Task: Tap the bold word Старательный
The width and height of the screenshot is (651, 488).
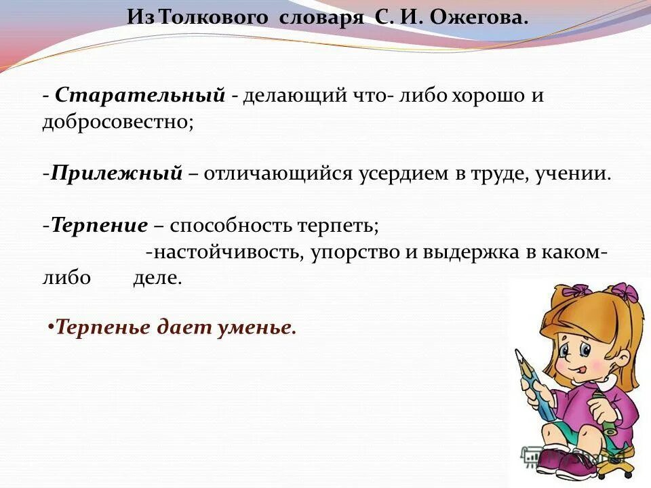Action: pos(140,96)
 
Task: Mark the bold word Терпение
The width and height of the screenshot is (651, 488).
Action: pos(100,225)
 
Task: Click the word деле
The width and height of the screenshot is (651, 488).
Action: pos(157,279)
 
